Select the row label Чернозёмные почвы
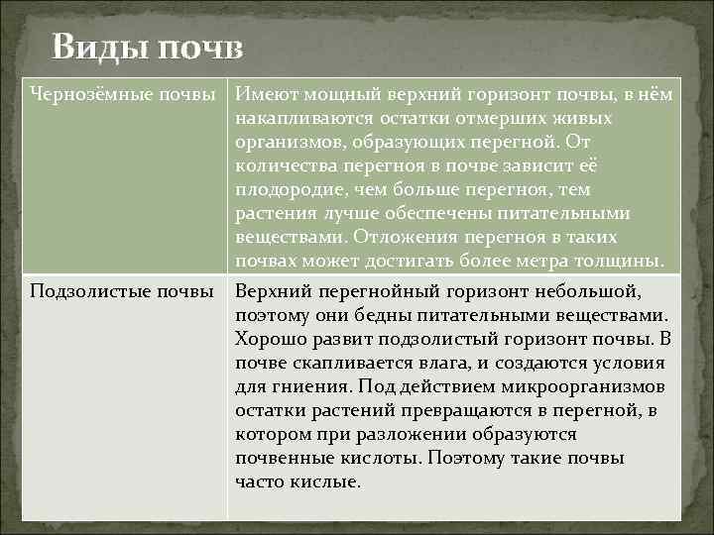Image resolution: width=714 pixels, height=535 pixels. click(x=123, y=94)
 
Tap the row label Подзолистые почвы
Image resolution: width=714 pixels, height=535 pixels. click(x=122, y=291)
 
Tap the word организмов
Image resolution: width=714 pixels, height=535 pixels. click(x=288, y=142)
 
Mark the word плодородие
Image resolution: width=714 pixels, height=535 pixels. click(x=290, y=189)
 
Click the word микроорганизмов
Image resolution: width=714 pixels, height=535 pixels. click(x=583, y=386)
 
